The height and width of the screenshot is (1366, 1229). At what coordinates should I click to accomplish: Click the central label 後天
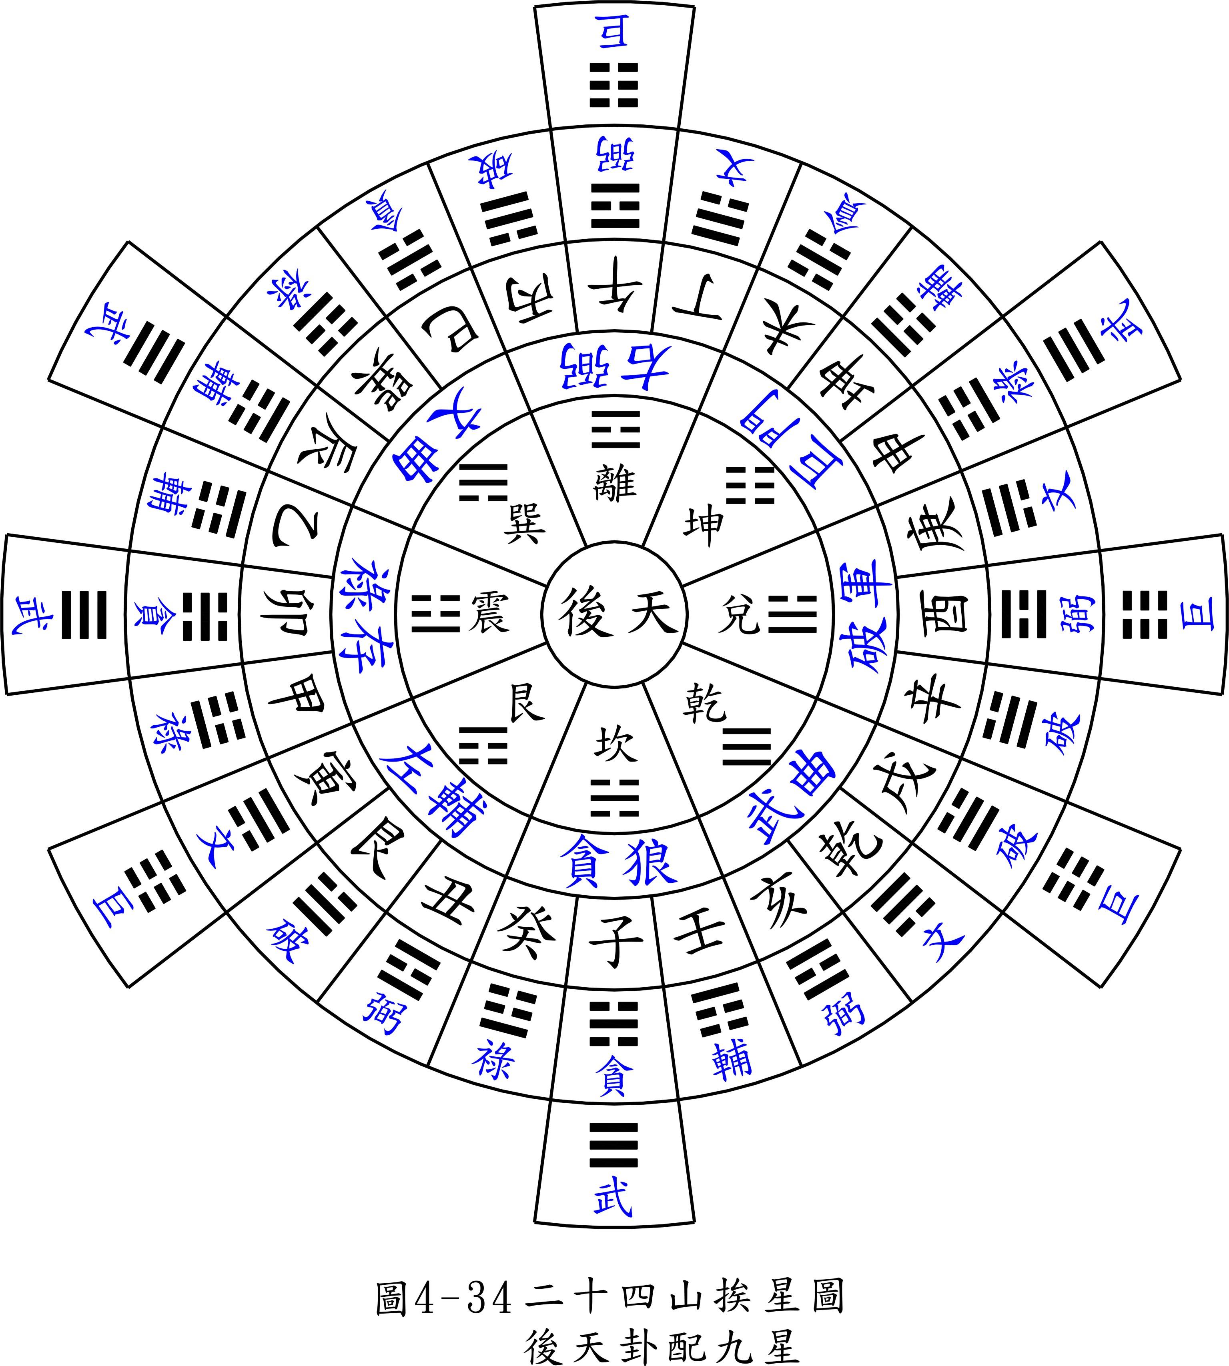[615, 612]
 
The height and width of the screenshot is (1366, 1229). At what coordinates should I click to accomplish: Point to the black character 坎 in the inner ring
[615, 744]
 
